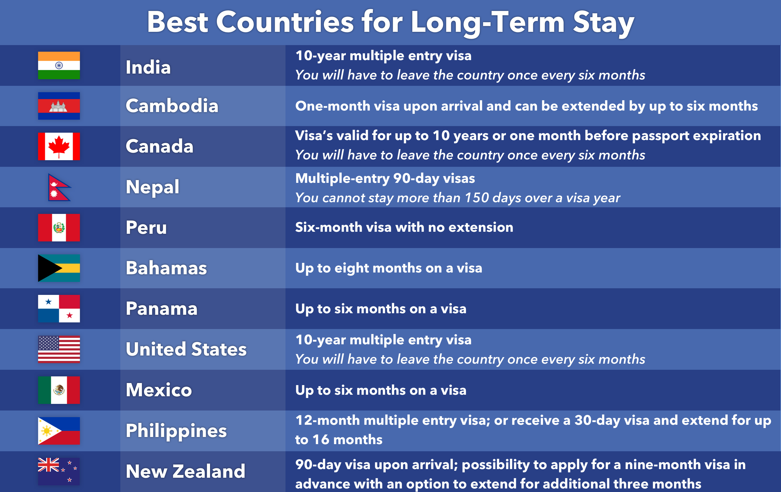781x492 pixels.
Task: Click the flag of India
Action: (59, 65)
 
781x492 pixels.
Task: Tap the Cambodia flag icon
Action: (59, 106)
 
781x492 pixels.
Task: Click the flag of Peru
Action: (59, 227)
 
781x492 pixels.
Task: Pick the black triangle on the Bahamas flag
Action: (49, 268)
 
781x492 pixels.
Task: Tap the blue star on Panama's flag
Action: (49, 302)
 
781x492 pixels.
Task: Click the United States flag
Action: (59, 349)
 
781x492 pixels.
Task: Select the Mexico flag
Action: (59, 390)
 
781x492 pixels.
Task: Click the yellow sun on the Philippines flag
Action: (47, 431)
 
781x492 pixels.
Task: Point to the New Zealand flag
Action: (59, 471)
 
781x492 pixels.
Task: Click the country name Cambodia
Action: (172, 106)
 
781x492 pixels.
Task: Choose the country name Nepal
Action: (152, 187)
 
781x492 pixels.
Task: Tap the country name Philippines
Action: (176, 431)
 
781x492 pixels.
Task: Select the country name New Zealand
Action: (186, 471)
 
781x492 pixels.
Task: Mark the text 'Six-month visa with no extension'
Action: (404, 227)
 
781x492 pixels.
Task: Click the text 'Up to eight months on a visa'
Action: (388, 268)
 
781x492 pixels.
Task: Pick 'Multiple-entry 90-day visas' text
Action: (385, 178)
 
